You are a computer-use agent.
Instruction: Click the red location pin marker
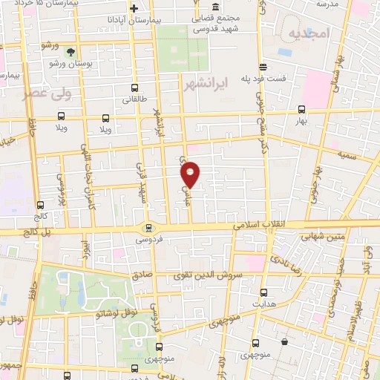coord(191,174)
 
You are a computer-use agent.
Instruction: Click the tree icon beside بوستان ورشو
coord(70,52)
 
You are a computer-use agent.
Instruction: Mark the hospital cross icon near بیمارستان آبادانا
coord(134,9)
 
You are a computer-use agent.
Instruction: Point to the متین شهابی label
coord(323,237)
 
